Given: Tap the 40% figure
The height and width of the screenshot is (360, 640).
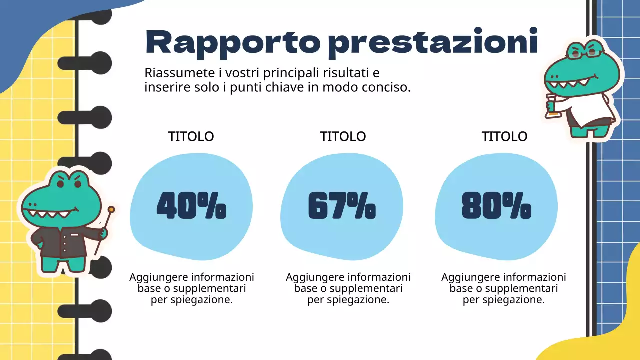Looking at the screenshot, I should (191, 206).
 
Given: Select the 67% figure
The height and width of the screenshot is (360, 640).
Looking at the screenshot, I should (342, 206).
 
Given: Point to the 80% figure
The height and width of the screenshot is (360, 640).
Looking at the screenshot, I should (496, 206).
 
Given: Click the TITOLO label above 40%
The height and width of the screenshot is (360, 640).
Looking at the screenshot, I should (191, 136).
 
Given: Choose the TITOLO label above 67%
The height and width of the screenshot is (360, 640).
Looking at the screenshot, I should (343, 136).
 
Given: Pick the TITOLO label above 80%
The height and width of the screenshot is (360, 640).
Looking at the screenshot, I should (504, 136).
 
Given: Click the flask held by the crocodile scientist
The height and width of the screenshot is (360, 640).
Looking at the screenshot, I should (551, 107).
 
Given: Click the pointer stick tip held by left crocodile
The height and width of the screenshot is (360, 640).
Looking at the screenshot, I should (111, 209).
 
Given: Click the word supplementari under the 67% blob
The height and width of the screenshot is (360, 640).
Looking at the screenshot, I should (366, 288).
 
